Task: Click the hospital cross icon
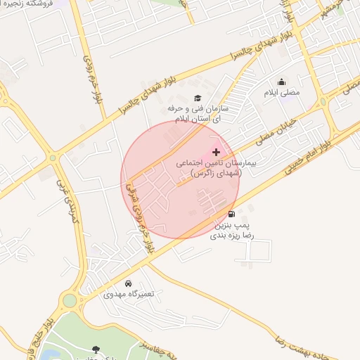tap(216, 152)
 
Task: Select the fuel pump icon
tap(231, 214)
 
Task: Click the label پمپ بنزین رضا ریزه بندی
tap(231, 230)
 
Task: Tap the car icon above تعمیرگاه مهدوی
tap(128, 283)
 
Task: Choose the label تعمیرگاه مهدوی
tap(127, 294)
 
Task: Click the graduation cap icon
tap(198, 98)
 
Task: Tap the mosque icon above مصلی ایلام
tap(282, 82)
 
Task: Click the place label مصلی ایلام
tap(281, 92)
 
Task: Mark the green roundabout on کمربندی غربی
tap(69, 301)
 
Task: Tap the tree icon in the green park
tap(95, 348)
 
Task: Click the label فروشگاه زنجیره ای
tap(28, 4)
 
